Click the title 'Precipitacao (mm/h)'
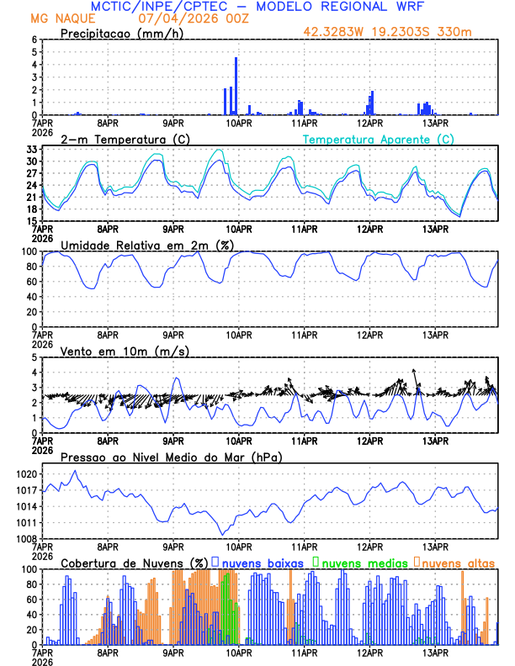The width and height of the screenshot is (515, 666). (118, 34)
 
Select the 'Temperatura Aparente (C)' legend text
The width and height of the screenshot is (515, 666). (378, 139)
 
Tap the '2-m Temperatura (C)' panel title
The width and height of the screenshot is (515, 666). (119, 139)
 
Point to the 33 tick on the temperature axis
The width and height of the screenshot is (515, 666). (31, 150)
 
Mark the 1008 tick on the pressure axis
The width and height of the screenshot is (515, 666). (25, 538)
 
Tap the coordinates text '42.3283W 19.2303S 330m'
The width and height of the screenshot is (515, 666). (398, 34)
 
